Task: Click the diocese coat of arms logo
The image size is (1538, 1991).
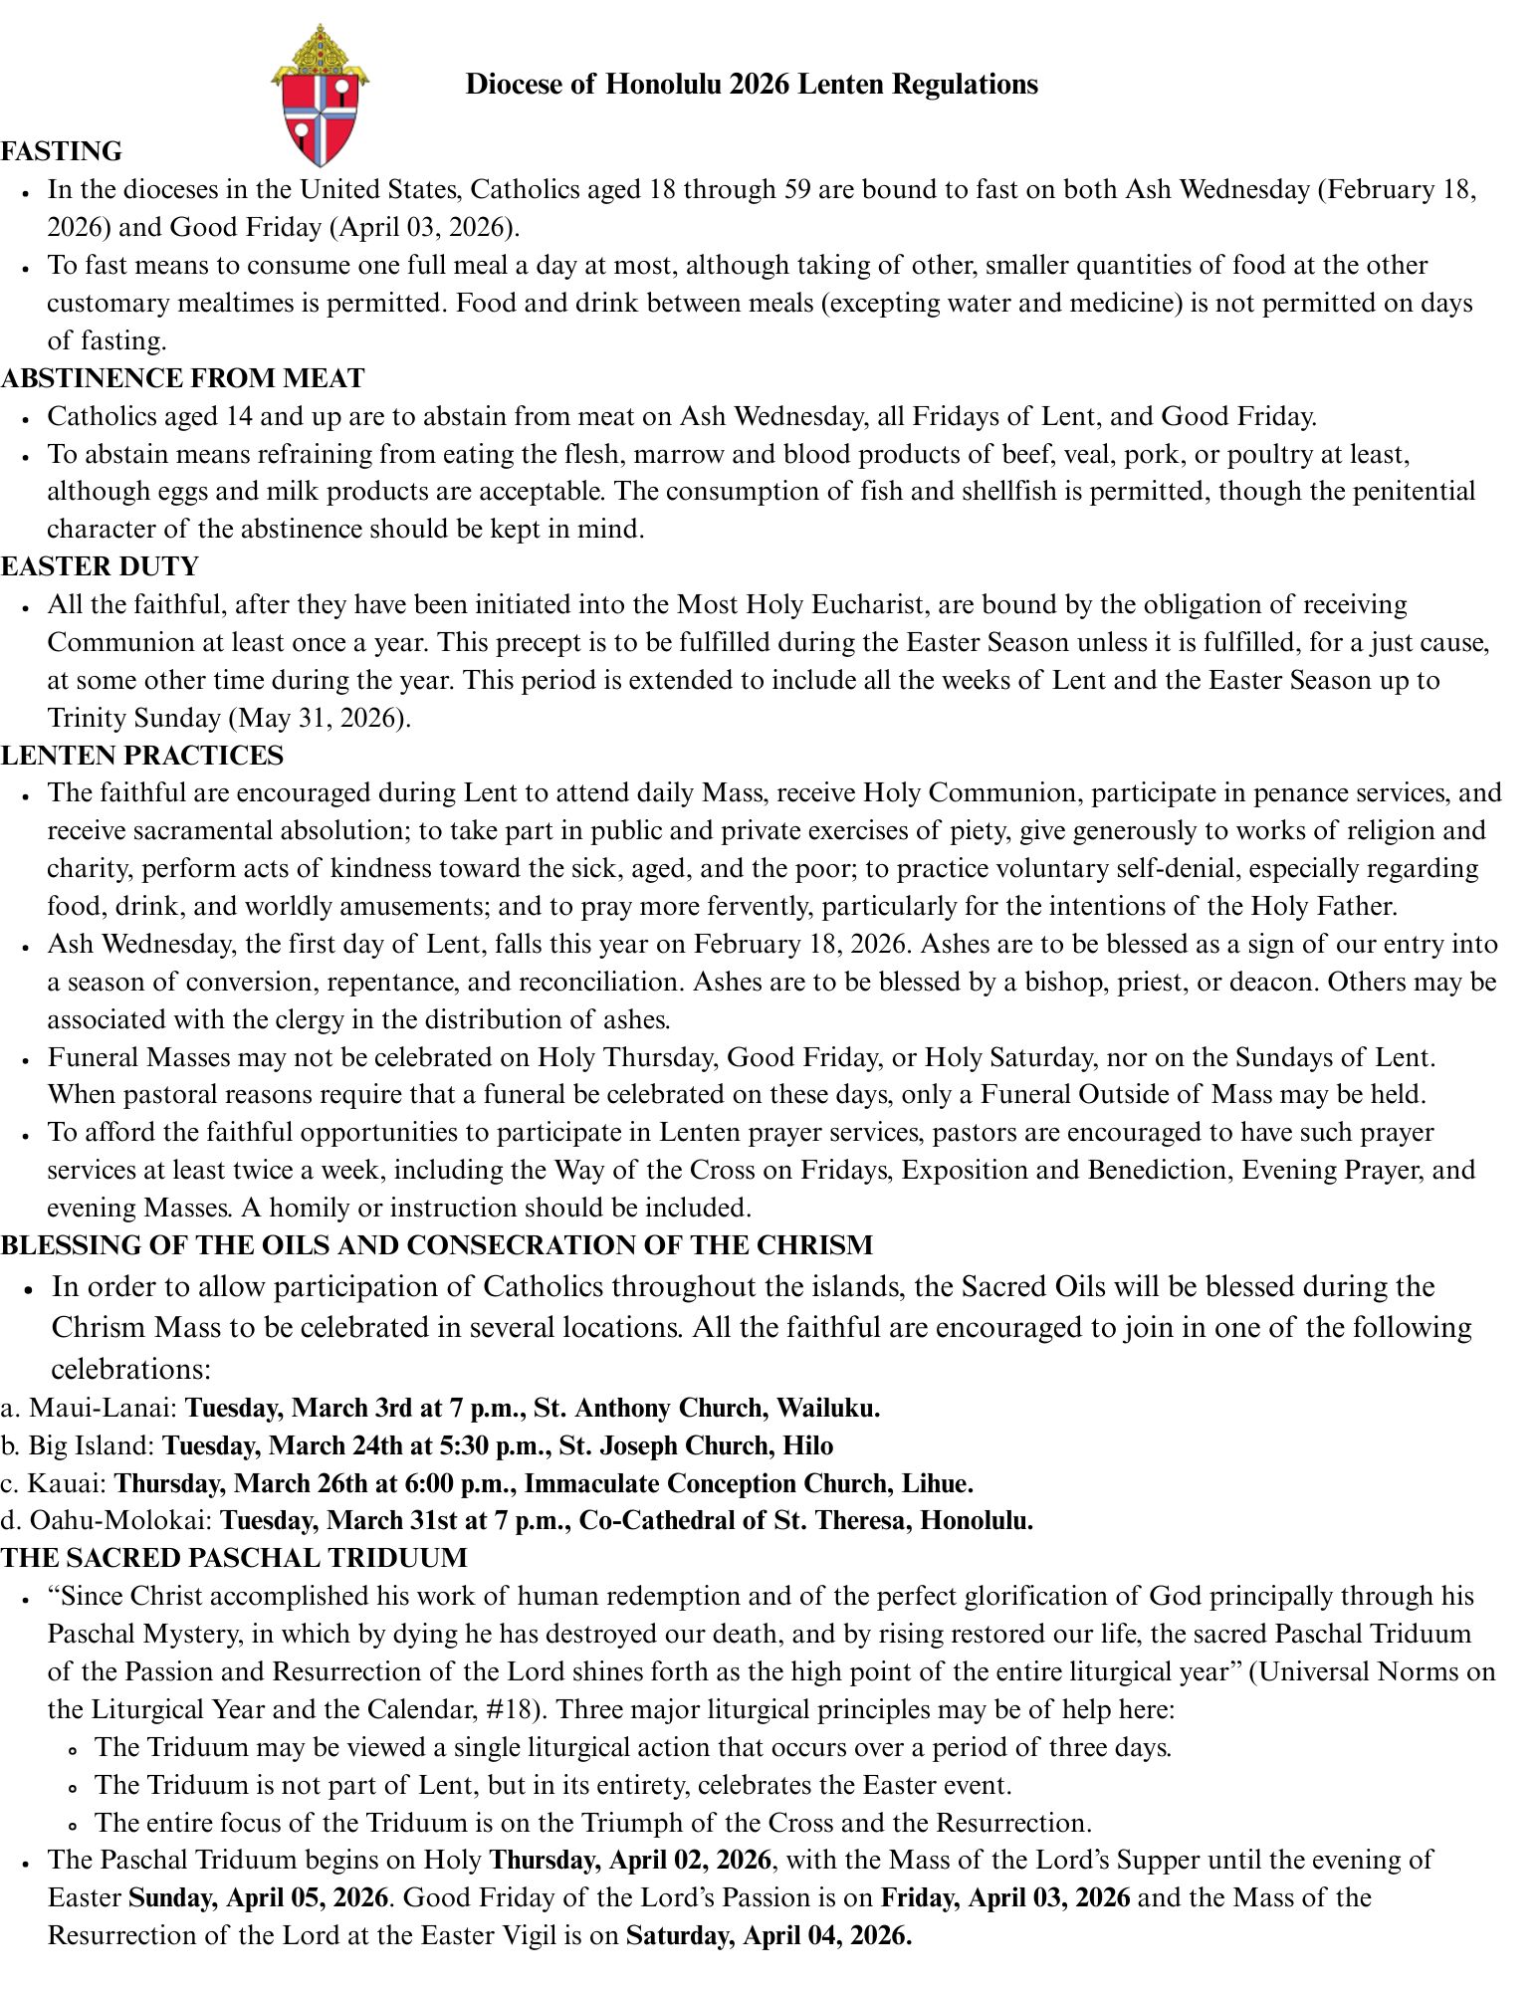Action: point(321,97)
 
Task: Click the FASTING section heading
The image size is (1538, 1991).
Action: point(62,151)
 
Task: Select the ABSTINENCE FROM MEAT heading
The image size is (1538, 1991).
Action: point(183,378)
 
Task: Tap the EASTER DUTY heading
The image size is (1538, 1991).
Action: point(101,566)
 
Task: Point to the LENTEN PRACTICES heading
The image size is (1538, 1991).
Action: point(142,756)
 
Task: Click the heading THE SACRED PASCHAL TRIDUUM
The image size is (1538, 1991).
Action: point(234,1558)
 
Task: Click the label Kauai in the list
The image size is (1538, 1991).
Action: point(66,1483)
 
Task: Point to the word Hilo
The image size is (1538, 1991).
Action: point(808,1445)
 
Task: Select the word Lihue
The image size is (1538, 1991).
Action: point(937,1483)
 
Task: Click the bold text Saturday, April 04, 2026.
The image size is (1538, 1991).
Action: point(769,1935)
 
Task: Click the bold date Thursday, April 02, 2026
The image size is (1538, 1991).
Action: point(631,1860)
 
